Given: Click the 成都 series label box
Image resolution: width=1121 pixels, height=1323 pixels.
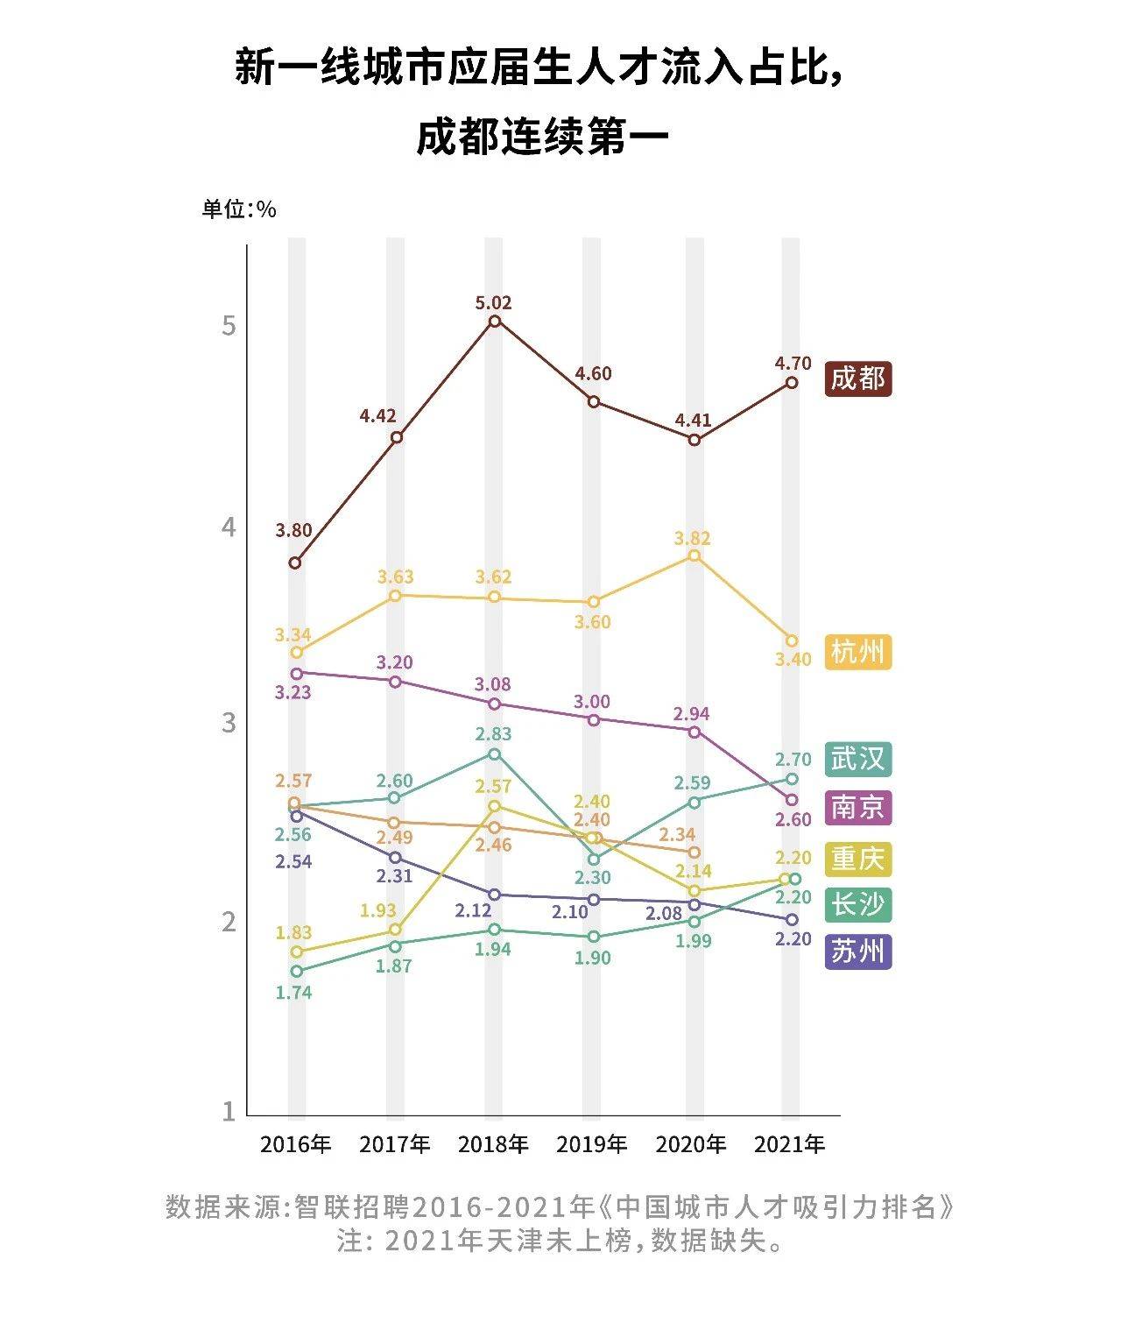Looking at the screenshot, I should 859,379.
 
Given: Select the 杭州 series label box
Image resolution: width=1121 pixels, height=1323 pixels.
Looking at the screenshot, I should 859,653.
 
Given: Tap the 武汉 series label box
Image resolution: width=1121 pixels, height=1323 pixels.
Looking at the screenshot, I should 859,759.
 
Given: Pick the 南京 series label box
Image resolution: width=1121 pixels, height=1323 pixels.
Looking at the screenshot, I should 859,807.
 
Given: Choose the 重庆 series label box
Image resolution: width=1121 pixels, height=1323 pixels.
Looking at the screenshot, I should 859,858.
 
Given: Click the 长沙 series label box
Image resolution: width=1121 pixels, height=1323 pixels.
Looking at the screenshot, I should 859,903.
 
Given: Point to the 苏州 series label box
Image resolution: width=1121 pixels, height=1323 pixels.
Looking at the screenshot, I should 859,951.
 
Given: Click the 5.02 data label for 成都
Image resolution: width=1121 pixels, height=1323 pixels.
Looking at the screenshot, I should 493,303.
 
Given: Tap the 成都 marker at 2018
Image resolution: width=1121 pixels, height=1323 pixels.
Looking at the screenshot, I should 495,322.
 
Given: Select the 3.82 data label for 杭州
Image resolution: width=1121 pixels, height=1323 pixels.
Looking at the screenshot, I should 692,538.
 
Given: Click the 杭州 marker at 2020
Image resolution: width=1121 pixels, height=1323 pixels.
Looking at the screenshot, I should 694,555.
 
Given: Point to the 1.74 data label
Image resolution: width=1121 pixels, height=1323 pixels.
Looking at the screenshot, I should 293,993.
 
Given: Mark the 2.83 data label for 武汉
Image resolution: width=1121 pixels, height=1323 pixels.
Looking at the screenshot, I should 493,734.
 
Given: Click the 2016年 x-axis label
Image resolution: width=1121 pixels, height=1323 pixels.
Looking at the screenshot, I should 296,1144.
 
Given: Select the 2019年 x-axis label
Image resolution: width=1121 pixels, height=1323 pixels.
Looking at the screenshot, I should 592,1144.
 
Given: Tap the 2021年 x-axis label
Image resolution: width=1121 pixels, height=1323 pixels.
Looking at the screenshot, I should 790,1144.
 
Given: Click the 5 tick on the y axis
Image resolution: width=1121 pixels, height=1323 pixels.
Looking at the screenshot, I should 229,326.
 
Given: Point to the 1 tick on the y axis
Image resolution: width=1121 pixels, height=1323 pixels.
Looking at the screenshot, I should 229,1111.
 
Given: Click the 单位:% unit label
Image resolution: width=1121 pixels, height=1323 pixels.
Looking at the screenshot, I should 239,209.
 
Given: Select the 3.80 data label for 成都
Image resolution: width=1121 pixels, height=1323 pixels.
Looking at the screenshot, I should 293,530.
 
